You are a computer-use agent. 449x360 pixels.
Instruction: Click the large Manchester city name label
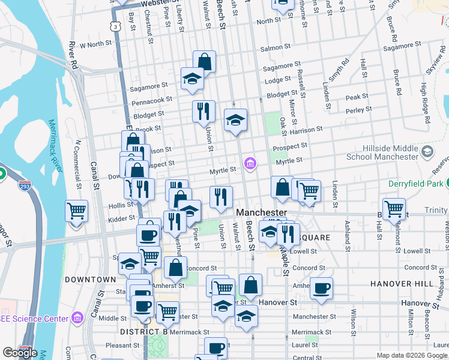coord(262,213)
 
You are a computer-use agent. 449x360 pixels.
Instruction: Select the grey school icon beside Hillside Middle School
coord(427,151)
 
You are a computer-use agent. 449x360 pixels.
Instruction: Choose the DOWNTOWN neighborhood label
coord(90,280)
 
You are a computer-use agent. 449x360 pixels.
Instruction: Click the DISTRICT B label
coord(143,332)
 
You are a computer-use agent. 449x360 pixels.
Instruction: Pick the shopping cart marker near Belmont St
coord(394,209)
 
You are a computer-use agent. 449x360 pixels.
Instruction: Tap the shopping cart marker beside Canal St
coord(77,212)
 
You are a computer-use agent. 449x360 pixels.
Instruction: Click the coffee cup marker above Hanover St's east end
coord(321,287)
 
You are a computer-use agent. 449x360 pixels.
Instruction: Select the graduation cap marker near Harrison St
coord(236,120)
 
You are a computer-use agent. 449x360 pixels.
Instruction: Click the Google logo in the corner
coord(20,353)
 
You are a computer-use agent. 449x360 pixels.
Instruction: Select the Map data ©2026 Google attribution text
coord(411,355)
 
